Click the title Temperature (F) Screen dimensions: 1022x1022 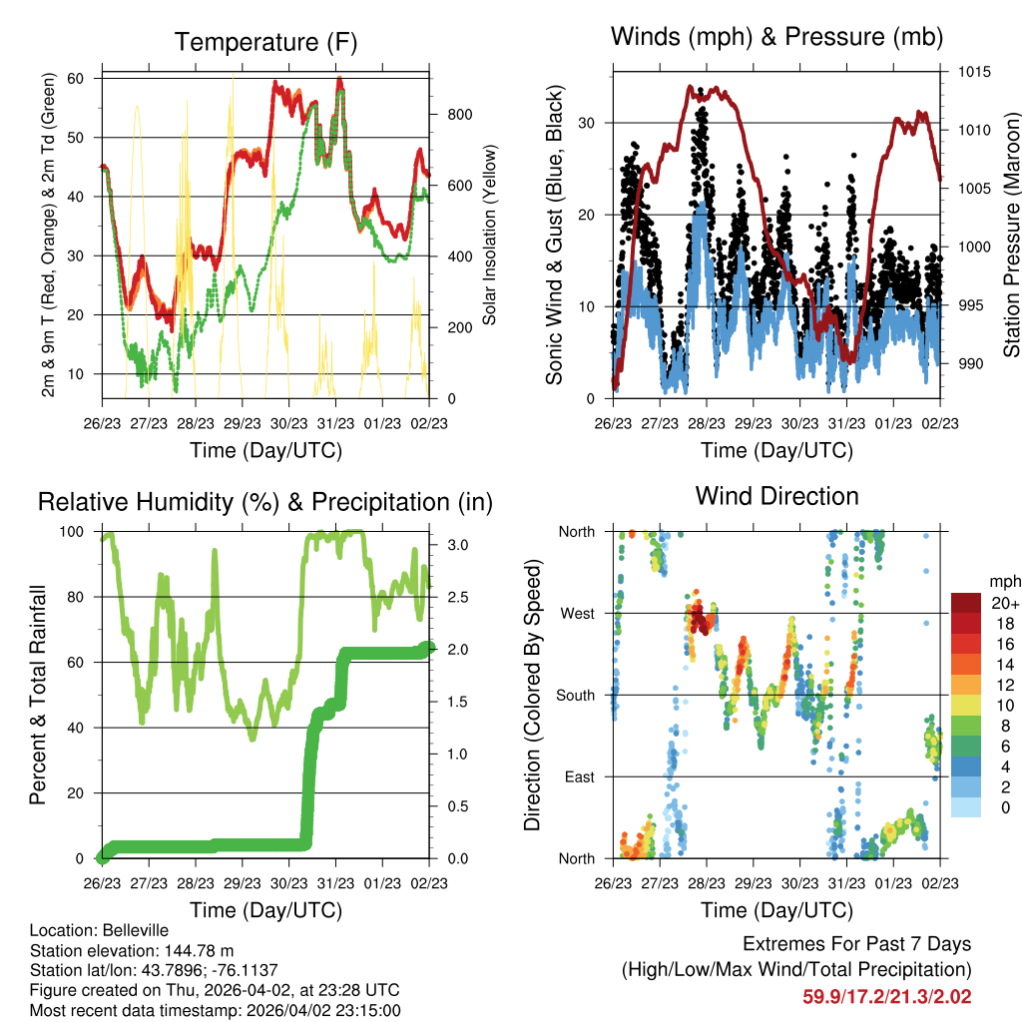click(265, 42)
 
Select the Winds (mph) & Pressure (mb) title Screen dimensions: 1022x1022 click(776, 38)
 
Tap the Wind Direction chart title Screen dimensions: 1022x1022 click(776, 496)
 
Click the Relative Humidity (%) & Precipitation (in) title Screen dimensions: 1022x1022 click(265, 502)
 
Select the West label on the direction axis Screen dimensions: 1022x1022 click(577, 613)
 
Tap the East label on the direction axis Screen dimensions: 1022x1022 click(578, 776)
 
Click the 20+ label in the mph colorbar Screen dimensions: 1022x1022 click(1003, 603)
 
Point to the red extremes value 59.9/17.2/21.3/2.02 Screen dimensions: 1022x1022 click(886, 996)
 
